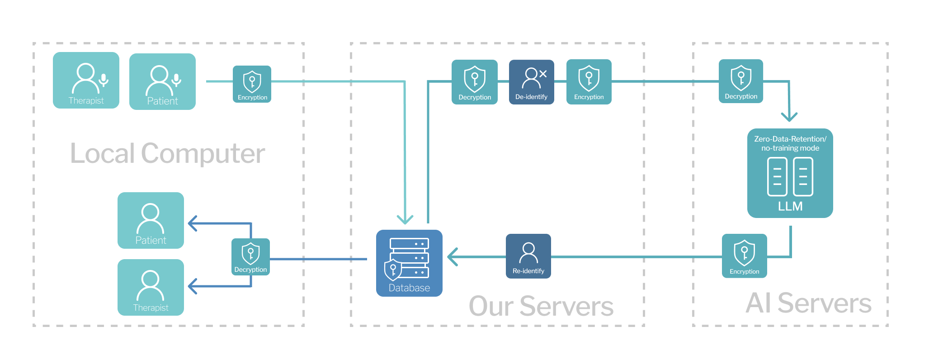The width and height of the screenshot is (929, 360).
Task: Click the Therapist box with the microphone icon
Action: [86, 81]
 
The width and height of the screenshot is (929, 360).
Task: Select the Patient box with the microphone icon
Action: [162, 81]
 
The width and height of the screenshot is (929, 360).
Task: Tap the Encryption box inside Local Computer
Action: [252, 84]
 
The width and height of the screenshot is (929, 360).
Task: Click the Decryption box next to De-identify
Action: [474, 82]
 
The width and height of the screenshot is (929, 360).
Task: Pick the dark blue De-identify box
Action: [531, 82]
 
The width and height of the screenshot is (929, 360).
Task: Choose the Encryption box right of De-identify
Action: [589, 82]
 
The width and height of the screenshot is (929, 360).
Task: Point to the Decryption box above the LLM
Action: [740, 81]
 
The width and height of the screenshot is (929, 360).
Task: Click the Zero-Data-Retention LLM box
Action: [790, 173]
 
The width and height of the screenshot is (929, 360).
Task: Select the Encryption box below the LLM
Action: [744, 256]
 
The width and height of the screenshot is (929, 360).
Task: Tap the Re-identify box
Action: [528, 256]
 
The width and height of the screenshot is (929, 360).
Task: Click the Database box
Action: [409, 263]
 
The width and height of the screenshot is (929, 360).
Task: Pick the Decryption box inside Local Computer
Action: [250, 257]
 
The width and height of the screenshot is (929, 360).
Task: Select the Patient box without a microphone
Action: [151, 220]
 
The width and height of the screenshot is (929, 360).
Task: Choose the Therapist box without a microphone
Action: [151, 287]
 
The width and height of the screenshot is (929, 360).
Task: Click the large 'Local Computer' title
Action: [167, 153]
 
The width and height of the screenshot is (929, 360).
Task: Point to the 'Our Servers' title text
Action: [541, 306]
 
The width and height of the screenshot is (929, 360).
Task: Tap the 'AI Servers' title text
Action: [808, 303]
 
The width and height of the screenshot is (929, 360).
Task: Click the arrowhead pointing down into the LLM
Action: [789, 117]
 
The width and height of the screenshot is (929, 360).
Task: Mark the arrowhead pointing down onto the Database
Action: [405, 219]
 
